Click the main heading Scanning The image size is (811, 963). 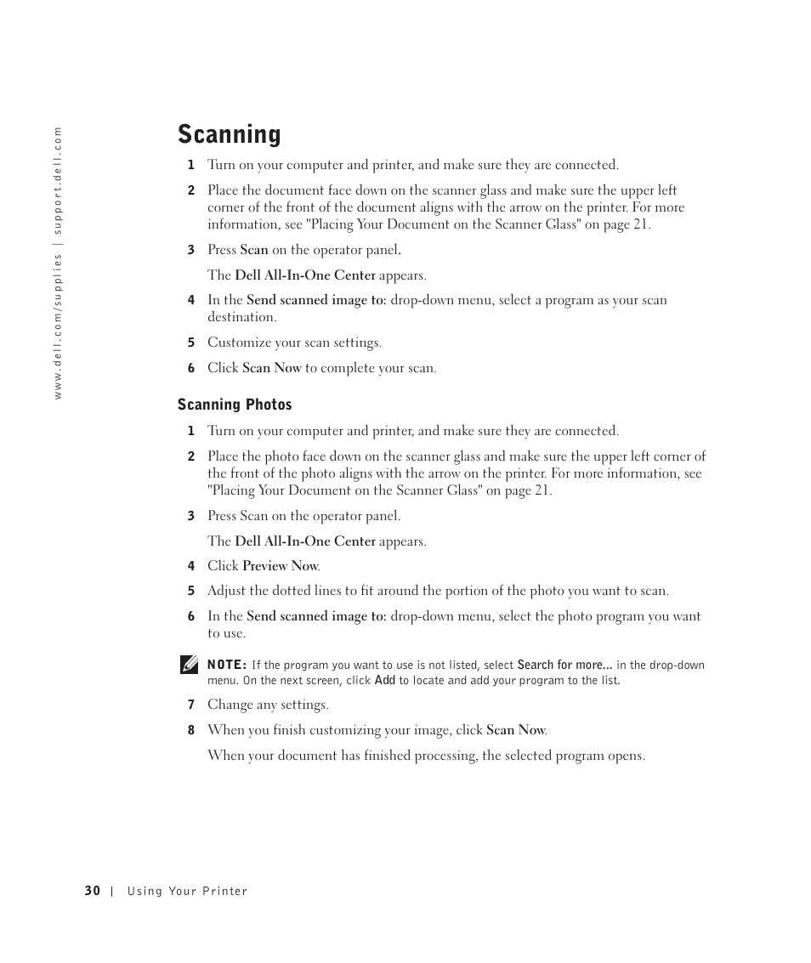click(x=230, y=134)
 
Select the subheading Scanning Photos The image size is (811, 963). click(x=235, y=405)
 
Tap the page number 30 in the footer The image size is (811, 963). click(x=92, y=891)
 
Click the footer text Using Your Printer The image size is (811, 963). click(x=187, y=892)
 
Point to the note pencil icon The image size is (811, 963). click(x=190, y=666)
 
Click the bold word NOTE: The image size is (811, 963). click(x=227, y=665)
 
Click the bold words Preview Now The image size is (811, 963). click(x=280, y=566)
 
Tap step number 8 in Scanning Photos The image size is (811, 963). click(x=191, y=730)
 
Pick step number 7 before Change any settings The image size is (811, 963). click(x=191, y=705)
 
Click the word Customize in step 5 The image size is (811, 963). click(x=239, y=343)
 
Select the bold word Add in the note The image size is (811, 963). click(x=385, y=681)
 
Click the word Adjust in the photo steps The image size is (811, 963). click(x=225, y=591)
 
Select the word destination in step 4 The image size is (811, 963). click(x=241, y=317)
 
